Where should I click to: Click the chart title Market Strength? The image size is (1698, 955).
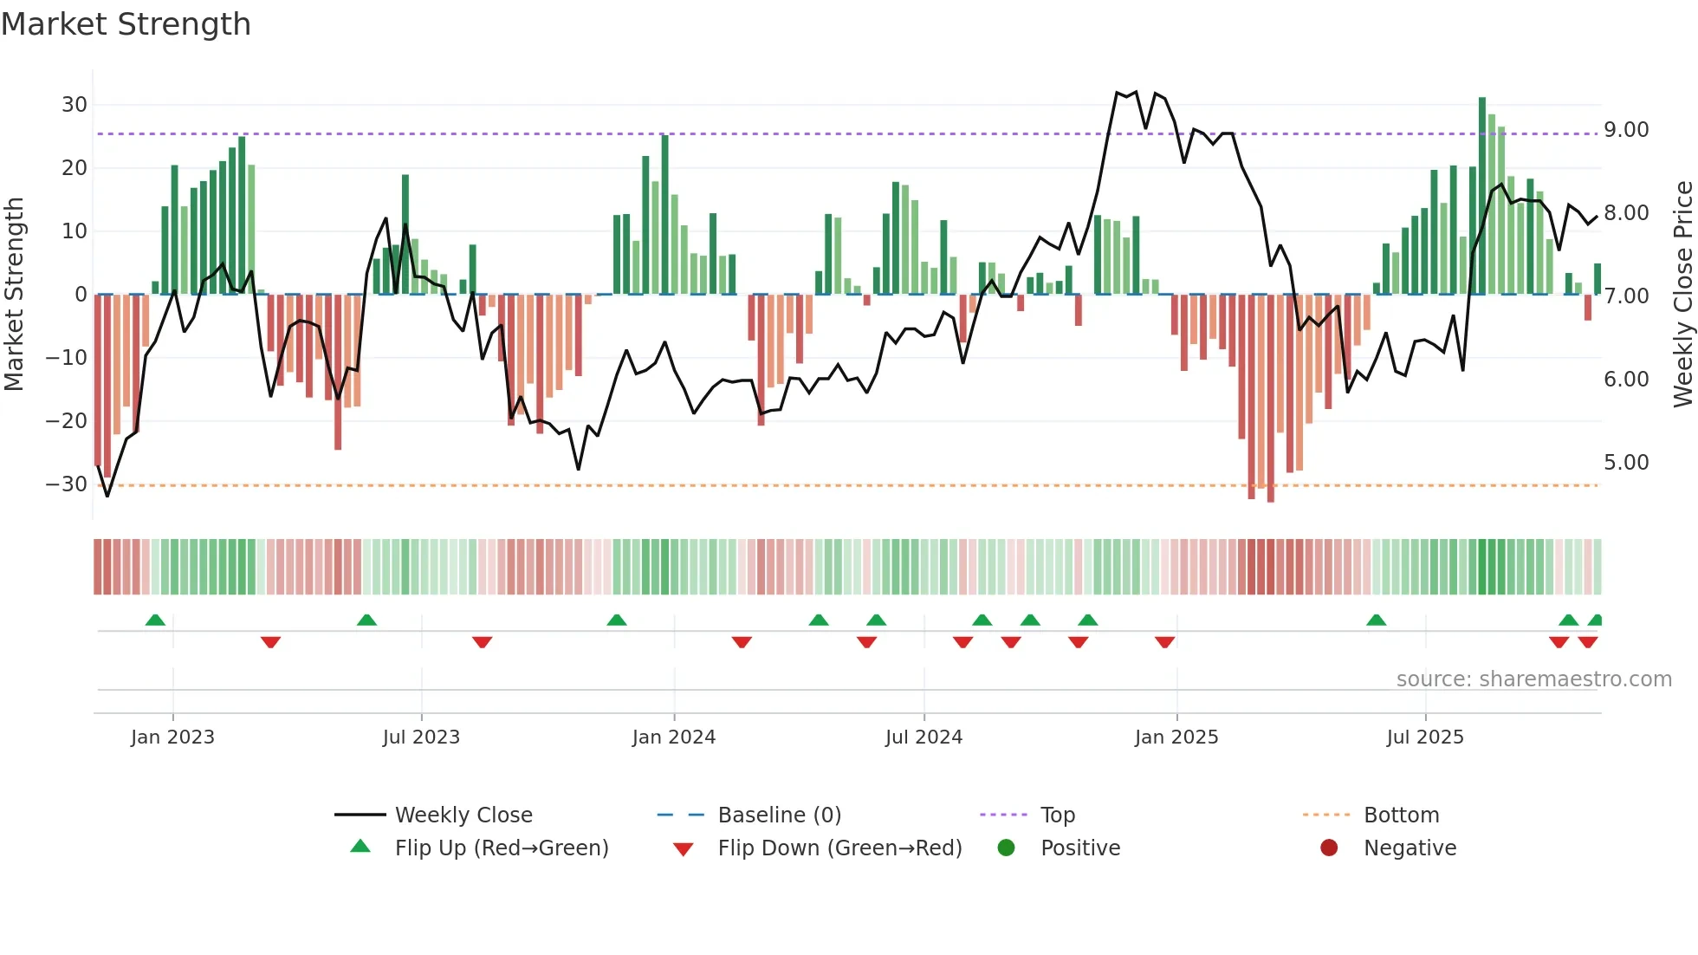(x=126, y=24)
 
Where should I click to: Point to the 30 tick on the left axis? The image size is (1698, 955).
(x=75, y=105)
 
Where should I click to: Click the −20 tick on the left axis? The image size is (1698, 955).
(x=67, y=421)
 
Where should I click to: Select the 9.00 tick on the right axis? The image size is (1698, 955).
(x=1626, y=130)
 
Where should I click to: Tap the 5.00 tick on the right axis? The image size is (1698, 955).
(x=1626, y=463)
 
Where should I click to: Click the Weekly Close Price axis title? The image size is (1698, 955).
(x=1682, y=295)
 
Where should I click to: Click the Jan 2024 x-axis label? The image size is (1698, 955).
(x=673, y=737)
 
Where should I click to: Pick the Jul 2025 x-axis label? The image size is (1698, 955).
(x=1424, y=737)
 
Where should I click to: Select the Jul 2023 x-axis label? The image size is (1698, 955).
(x=421, y=737)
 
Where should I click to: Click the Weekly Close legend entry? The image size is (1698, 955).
(x=463, y=815)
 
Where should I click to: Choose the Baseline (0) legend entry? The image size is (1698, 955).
(x=779, y=815)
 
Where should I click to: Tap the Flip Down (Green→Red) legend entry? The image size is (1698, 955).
(x=839, y=848)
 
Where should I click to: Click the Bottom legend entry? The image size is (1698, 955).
(x=1401, y=815)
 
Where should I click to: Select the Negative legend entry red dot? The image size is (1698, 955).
(x=1329, y=848)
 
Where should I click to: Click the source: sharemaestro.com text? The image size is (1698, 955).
(x=1533, y=679)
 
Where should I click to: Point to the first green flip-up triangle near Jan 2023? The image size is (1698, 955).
(x=155, y=620)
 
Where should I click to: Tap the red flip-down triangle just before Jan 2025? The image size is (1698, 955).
(x=1164, y=642)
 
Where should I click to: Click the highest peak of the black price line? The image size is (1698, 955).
(x=1118, y=92)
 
